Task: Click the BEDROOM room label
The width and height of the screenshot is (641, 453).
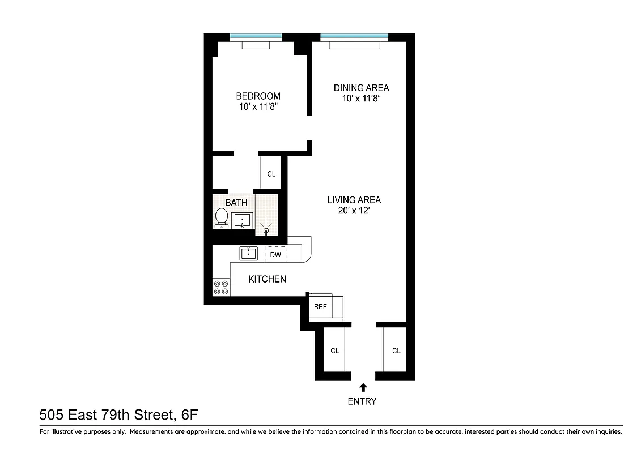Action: [x=258, y=96]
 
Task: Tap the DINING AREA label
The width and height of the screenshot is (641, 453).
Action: [x=361, y=88]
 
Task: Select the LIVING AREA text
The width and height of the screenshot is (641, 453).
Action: [x=354, y=200]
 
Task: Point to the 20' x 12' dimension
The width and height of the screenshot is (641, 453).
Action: [x=354, y=211]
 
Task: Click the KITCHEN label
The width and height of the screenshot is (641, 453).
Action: [x=267, y=279]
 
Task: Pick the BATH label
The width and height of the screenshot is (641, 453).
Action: [x=236, y=202]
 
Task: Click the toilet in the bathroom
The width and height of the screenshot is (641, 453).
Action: [x=222, y=218]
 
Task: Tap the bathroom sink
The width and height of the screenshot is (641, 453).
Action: [x=243, y=220]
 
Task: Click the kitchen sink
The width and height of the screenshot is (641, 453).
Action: [x=248, y=253]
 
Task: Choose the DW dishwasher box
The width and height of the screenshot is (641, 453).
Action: [x=275, y=255]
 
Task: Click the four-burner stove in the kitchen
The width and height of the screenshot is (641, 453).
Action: [x=221, y=287]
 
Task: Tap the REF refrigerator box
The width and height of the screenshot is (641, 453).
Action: [x=320, y=306]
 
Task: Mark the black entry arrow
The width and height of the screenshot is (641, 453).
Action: [x=362, y=388]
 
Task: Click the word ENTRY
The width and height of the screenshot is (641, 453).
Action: [x=362, y=401]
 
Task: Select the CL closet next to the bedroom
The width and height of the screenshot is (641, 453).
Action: [x=271, y=174]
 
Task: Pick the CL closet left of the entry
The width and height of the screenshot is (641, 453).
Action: [x=334, y=351]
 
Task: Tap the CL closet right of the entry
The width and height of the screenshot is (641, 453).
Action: [x=396, y=351]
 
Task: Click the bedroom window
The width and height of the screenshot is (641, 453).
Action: [x=256, y=37]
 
